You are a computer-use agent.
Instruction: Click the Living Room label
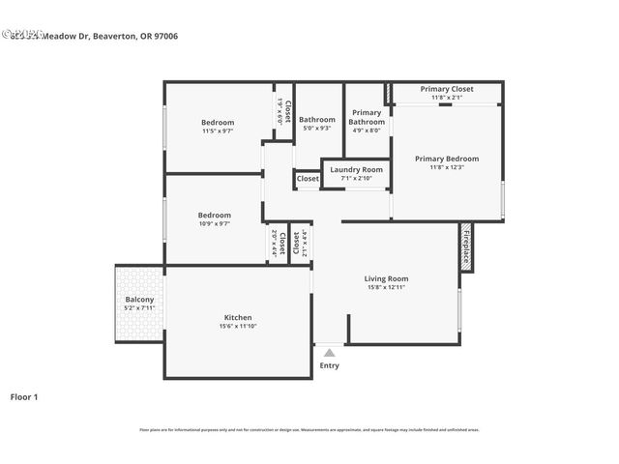tap(385, 279)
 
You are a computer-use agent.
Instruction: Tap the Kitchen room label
tap(238, 318)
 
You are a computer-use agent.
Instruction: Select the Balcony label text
tap(139, 300)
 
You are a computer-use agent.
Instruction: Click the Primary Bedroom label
tap(447, 159)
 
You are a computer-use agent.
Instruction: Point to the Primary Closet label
tap(447, 89)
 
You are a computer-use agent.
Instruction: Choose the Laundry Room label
tap(356, 170)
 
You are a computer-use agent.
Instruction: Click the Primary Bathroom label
tap(367, 117)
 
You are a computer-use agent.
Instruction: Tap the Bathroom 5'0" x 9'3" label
tap(316, 120)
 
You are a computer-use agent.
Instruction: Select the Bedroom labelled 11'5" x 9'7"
tap(218, 123)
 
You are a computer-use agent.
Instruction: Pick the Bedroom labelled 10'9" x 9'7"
tap(215, 216)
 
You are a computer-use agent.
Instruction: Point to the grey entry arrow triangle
tap(330, 354)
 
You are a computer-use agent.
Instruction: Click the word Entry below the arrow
tap(330, 365)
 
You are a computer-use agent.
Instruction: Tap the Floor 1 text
tap(23, 396)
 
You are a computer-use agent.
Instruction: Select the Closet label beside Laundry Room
tap(308, 179)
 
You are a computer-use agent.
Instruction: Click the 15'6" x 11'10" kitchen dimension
tap(238, 327)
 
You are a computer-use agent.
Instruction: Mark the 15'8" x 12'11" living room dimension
tap(385, 288)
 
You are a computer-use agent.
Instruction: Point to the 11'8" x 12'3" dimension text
tap(447, 167)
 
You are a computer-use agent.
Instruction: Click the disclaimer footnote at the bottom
tap(309, 430)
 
